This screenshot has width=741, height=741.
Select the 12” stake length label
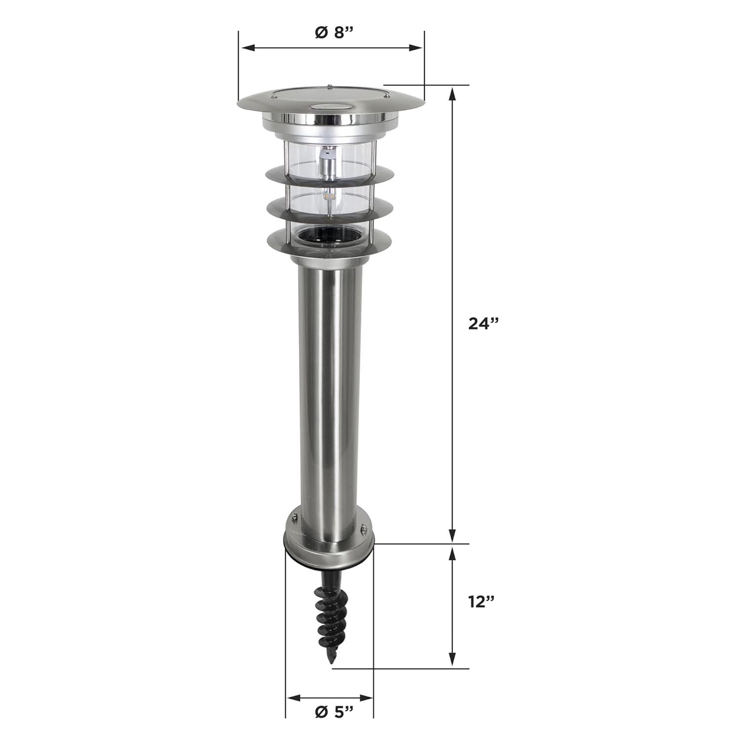click(481, 602)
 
